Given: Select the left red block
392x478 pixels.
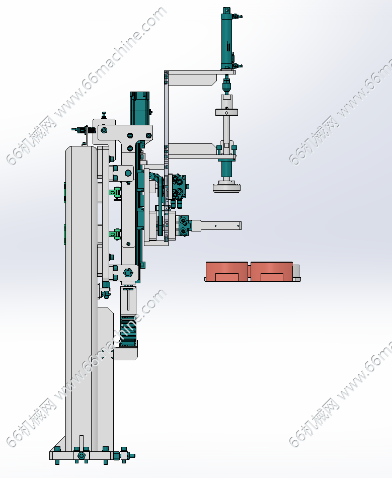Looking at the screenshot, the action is (x=226, y=271).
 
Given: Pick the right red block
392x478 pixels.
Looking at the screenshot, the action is (x=272, y=271).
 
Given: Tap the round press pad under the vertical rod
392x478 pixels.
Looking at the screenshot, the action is (x=227, y=187).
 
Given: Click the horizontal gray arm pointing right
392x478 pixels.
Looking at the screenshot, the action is (x=216, y=225).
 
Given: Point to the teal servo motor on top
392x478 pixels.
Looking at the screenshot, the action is (x=139, y=108).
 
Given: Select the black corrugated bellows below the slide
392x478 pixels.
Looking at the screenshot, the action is (x=128, y=331).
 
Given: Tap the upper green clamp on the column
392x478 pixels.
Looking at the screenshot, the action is (x=115, y=193).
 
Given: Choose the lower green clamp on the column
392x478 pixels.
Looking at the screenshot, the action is (x=115, y=234).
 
